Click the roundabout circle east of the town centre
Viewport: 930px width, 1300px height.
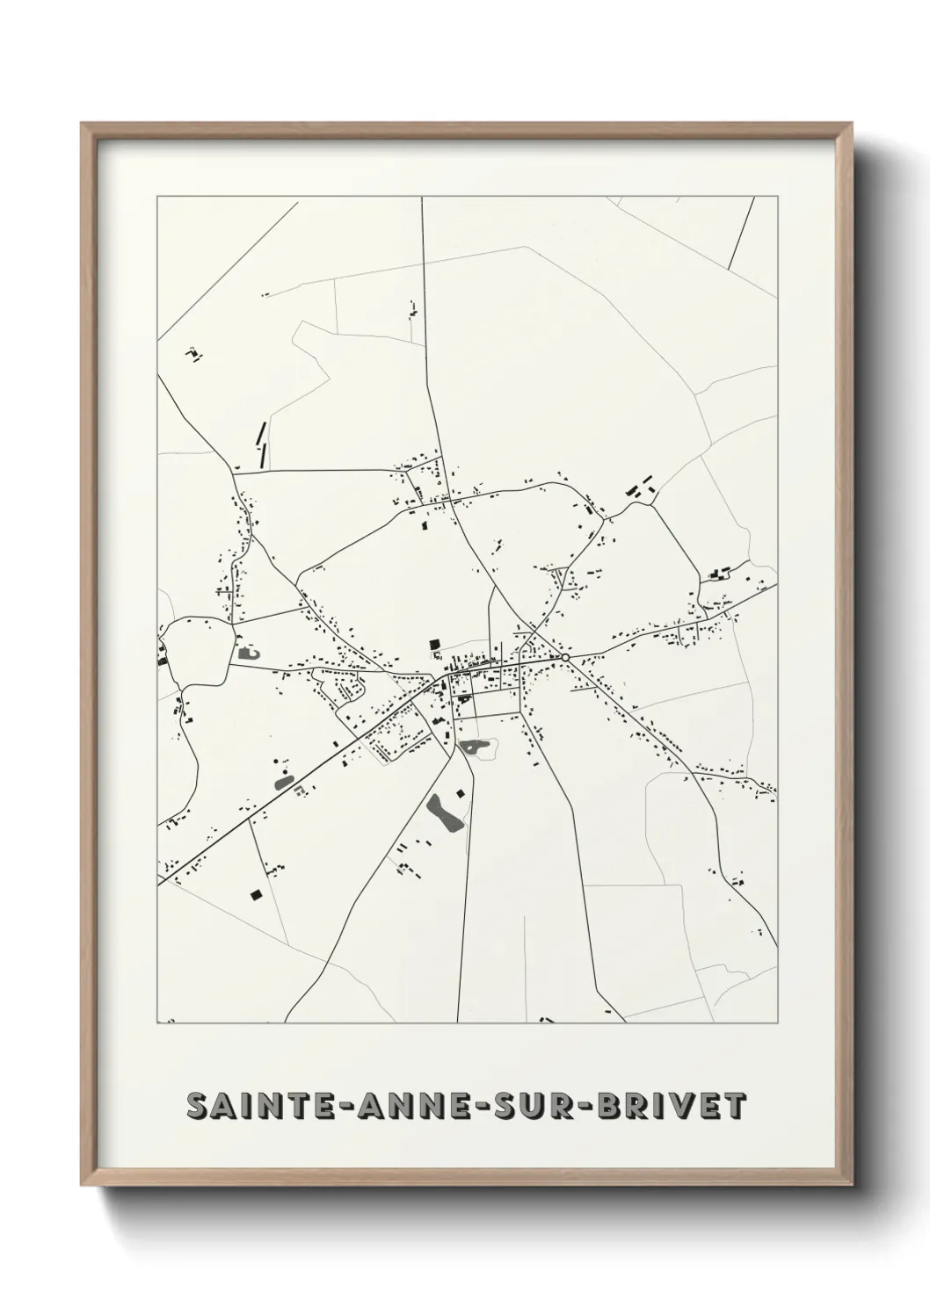pyautogui.click(x=565, y=657)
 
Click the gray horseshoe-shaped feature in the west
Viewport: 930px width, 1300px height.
pyautogui.click(x=246, y=653)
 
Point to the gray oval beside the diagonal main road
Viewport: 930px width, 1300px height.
pyautogui.click(x=283, y=780)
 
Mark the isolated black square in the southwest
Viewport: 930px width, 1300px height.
pyautogui.click(x=256, y=895)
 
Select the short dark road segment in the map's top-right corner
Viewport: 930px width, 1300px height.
pyautogui.click(x=741, y=233)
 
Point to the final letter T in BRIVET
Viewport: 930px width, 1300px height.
pyautogui.click(x=734, y=1107)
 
